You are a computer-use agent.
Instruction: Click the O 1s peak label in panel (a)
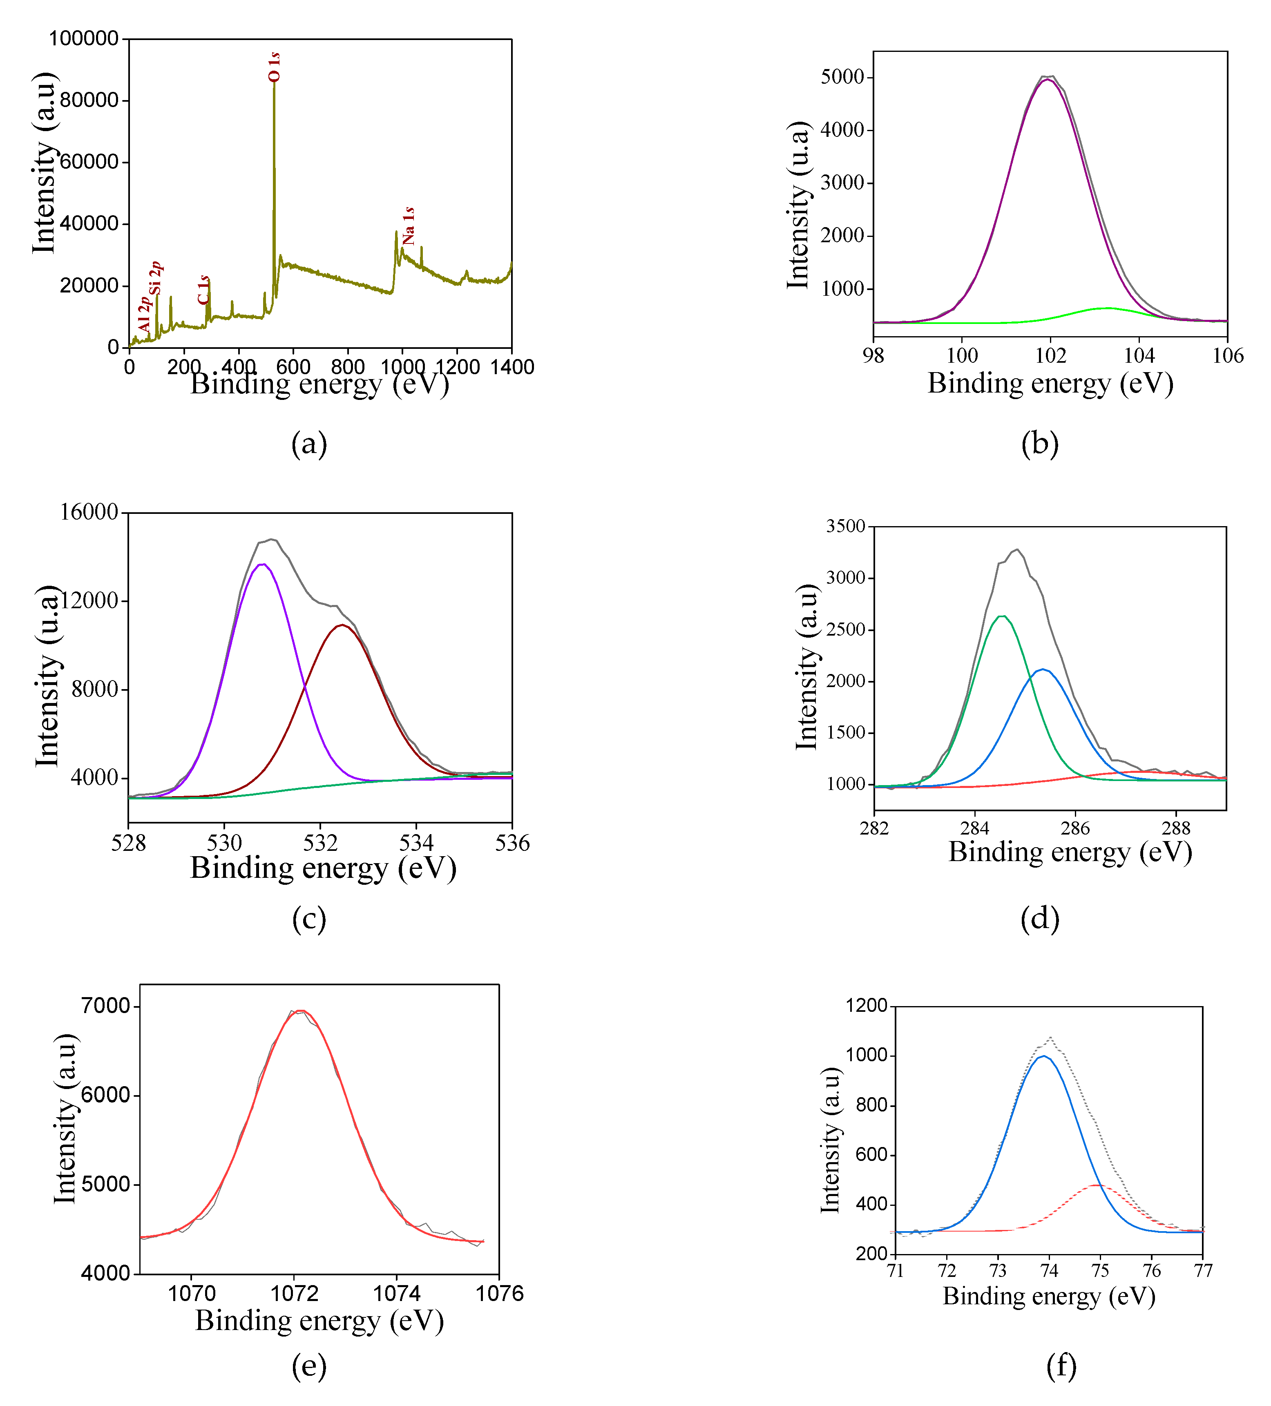(274, 67)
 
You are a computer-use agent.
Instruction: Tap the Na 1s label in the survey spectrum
(409, 225)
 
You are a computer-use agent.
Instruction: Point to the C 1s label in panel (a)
(203, 290)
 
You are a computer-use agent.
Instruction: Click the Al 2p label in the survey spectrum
(144, 315)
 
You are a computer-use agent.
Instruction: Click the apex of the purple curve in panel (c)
(262, 564)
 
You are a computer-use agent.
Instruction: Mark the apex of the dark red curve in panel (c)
(341, 625)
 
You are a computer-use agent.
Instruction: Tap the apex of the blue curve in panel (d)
(1043, 670)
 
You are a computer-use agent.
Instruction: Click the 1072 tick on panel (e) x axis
(295, 1294)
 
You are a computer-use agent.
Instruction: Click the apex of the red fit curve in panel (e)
(300, 1011)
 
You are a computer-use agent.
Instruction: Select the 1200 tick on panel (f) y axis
(867, 1006)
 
